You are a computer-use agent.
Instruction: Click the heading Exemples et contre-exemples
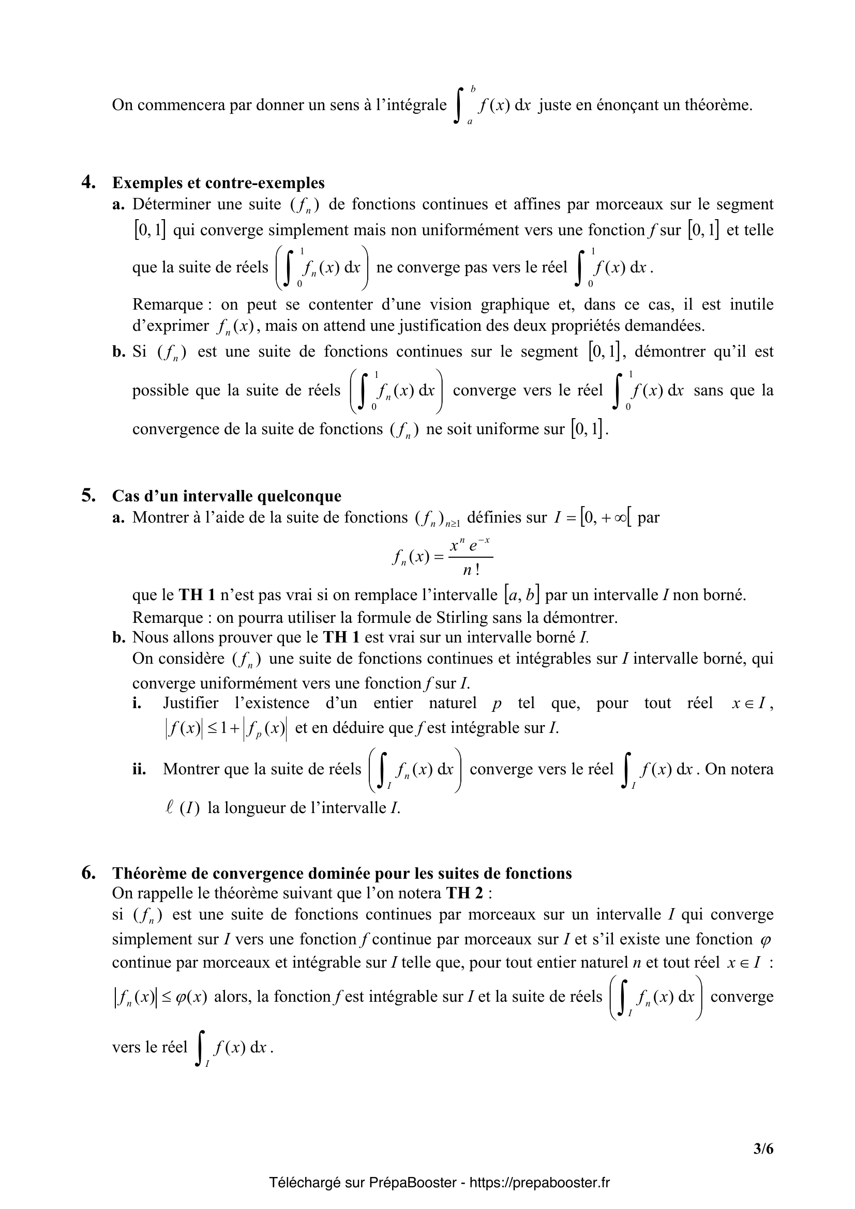tap(218, 182)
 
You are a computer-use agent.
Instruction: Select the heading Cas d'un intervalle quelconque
tap(227, 496)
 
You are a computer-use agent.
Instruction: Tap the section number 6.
tap(88, 873)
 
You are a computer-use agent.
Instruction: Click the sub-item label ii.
tap(139, 769)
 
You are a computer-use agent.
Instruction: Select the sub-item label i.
tap(137, 703)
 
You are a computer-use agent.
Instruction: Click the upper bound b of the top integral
tap(473, 88)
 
